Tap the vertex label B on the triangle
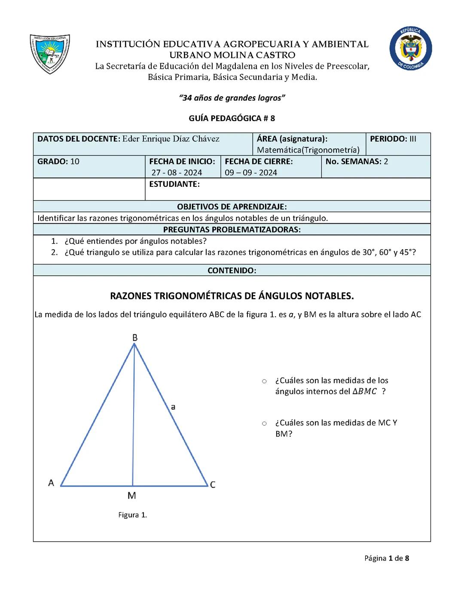pyautogui.click(x=134, y=338)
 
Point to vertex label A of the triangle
pyautogui.click(x=51, y=483)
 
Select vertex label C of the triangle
pyautogui.click(x=212, y=485)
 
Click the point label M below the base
pyautogui.click(x=132, y=496)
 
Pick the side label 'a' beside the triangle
pyautogui.click(x=173, y=406)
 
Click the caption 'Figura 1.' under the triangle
pyautogui.click(x=132, y=515)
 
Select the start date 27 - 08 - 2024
pyautogui.click(x=177, y=173)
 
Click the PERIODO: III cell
pyautogui.click(x=393, y=139)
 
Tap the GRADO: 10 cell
pyautogui.click(x=58, y=161)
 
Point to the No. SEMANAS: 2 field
pyautogui.click(x=357, y=161)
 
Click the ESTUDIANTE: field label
pyautogui.click(x=174, y=184)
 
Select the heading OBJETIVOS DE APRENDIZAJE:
pyautogui.click(x=232, y=207)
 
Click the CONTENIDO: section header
pyautogui.click(x=232, y=271)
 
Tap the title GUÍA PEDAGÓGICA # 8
pyautogui.click(x=232, y=118)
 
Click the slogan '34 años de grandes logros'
pyautogui.click(x=232, y=98)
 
